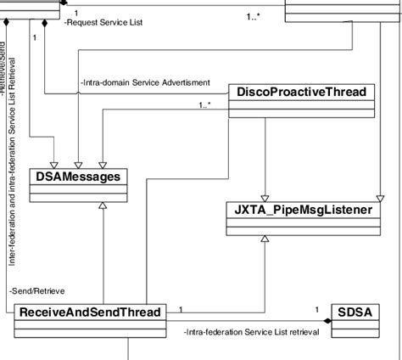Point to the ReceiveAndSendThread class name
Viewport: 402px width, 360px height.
pos(89,313)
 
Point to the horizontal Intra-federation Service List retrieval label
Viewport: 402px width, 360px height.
pos(251,332)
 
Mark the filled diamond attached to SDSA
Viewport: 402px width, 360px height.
pos(327,321)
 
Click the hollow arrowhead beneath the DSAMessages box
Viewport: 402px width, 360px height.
pos(102,206)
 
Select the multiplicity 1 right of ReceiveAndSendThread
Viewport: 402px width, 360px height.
pos(181,309)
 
